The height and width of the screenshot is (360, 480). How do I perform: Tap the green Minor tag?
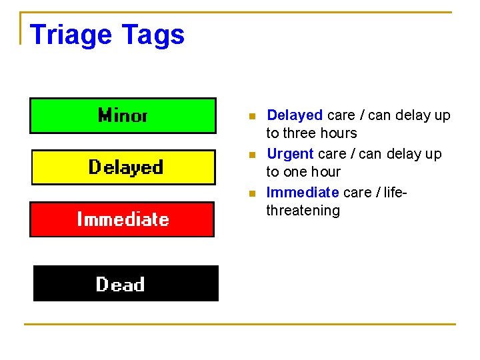coord(123,116)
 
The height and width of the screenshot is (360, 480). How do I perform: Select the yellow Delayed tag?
coord(124,167)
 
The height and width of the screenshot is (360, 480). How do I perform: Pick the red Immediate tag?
coord(122,219)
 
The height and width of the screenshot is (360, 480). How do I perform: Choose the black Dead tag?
coord(125,284)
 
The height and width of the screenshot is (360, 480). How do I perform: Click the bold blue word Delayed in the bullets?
coord(295,115)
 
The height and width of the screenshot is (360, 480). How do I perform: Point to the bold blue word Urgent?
coord(290,154)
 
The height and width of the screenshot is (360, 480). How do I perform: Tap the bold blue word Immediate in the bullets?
coord(303,193)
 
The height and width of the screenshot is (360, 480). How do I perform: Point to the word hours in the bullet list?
coord(339,133)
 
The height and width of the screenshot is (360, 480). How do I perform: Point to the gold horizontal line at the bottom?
coord(240,324)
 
